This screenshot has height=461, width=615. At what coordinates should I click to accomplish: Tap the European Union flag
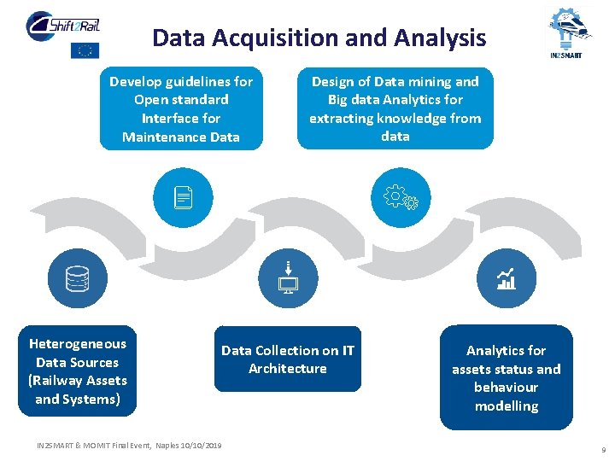tap(85, 50)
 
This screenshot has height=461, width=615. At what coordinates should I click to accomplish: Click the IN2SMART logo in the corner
tap(569, 32)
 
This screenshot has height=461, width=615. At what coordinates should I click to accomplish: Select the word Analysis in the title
tap(442, 38)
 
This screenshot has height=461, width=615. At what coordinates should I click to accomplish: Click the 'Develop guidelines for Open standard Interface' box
tap(181, 109)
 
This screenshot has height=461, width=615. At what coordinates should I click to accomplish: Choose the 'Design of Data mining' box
tap(395, 108)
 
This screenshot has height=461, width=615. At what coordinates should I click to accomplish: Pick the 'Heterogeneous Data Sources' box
tap(77, 371)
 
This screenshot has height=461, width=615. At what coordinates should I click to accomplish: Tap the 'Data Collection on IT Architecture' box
tap(287, 359)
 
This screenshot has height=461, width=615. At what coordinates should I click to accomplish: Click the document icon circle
tap(180, 199)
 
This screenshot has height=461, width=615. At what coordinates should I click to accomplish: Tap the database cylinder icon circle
tap(77, 278)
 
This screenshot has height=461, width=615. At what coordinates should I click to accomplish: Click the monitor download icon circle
tap(288, 278)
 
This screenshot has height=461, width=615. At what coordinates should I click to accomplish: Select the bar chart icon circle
tap(507, 278)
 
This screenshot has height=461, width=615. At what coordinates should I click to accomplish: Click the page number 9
tap(603, 449)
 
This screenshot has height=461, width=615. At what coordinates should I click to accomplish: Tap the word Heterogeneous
tap(77, 344)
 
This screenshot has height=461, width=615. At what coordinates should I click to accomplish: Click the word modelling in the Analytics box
tap(506, 406)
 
